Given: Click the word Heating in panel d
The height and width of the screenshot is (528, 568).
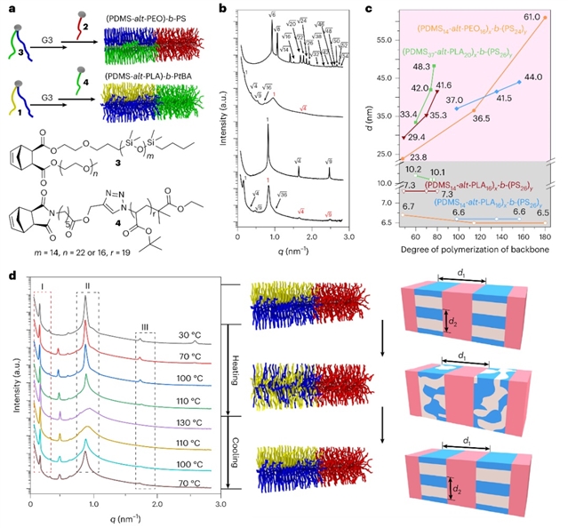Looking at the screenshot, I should click(x=236, y=372).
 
